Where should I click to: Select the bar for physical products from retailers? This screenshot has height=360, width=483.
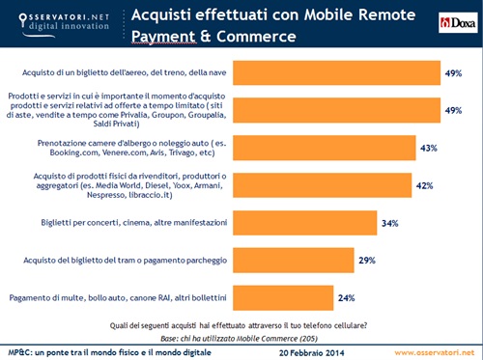326,185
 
